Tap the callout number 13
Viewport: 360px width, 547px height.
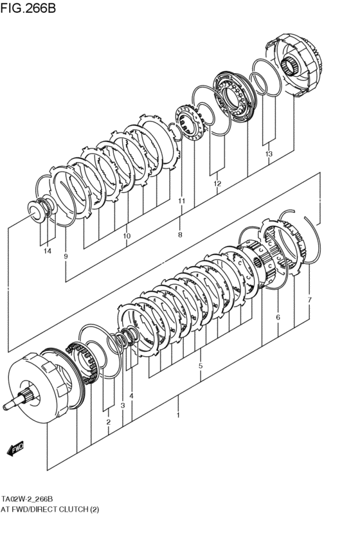(x=269, y=154)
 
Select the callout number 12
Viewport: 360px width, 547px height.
(x=217, y=184)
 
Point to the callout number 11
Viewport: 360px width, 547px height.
(x=181, y=201)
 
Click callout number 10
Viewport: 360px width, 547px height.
(x=127, y=236)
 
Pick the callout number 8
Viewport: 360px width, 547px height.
(x=180, y=235)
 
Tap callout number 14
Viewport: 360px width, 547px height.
(x=47, y=251)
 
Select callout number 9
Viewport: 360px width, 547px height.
(x=66, y=256)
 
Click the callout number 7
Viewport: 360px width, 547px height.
(x=309, y=300)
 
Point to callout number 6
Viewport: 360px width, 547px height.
(x=278, y=317)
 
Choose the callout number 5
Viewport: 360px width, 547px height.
(x=201, y=366)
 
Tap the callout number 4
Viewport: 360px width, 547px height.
(x=131, y=396)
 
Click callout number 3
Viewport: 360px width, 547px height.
(x=122, y=406)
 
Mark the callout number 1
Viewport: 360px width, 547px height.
(x=178, y=415)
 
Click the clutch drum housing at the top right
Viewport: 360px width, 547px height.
(x=297, y=68)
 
